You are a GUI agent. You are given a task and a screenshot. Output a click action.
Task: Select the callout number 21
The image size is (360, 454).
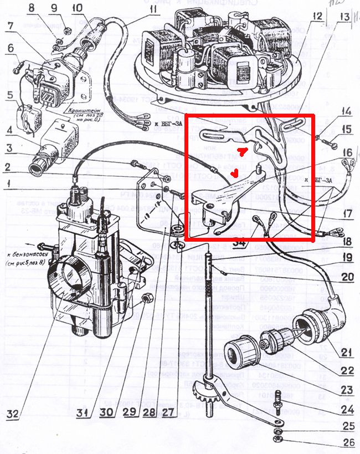click(346, 352)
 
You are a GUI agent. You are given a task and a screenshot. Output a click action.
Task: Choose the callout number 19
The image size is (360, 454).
click(347, 257)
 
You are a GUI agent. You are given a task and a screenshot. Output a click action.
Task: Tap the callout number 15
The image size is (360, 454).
click(346, 131)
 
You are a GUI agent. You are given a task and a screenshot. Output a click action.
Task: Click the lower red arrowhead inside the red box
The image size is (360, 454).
click(235, 174)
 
